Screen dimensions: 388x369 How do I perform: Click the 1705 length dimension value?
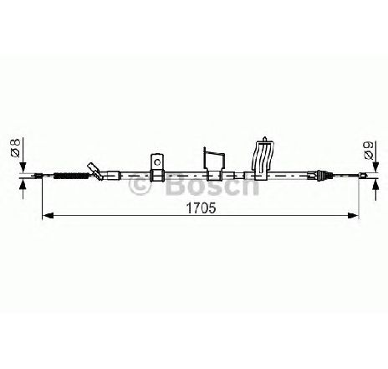point(201,208)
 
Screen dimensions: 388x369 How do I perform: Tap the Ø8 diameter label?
point(15,148)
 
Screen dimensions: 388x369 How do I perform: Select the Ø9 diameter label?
point(369,151)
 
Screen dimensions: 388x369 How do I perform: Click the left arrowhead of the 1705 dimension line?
point(48,215)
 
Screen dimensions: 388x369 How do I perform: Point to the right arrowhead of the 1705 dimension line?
point(352,215)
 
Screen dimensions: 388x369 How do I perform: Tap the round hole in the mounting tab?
point(157,161)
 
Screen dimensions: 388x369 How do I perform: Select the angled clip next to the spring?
point(95,171)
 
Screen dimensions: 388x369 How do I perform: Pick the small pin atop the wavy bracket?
point(264,140)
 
